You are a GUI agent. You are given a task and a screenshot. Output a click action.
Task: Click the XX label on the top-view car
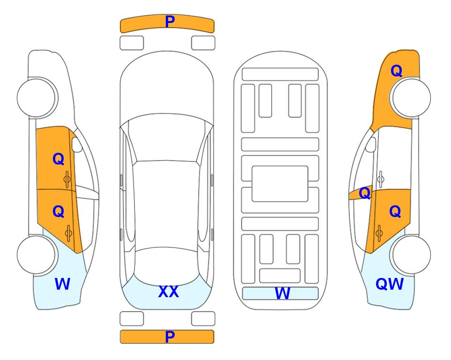(169, 292)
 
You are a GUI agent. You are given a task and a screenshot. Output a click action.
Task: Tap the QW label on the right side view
(390, 284)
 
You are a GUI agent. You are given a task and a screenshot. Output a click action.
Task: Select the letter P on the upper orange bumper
(170, 22)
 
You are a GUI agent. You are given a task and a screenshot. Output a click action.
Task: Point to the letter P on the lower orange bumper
(170, 337)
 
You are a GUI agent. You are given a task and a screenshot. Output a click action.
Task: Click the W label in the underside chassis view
(282, 293)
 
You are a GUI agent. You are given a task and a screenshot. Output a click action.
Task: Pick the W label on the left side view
(62, 284)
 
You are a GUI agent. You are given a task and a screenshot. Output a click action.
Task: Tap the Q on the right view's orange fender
(396, 71)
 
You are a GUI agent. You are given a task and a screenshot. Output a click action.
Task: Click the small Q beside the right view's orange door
(365, 193)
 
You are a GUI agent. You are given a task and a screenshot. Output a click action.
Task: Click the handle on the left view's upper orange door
(67, 180)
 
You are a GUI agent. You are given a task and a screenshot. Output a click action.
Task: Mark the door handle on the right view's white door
(381, 179)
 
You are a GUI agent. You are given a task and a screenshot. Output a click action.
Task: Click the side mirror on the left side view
(76, 144)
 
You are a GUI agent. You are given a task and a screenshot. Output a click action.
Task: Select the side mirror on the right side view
(371, 144)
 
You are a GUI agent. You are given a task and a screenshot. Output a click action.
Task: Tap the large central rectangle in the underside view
(280, 184)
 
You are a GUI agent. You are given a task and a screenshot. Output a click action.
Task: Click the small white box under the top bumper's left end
(132, 43)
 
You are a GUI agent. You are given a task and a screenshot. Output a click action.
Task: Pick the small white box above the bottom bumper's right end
(203, 319)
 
